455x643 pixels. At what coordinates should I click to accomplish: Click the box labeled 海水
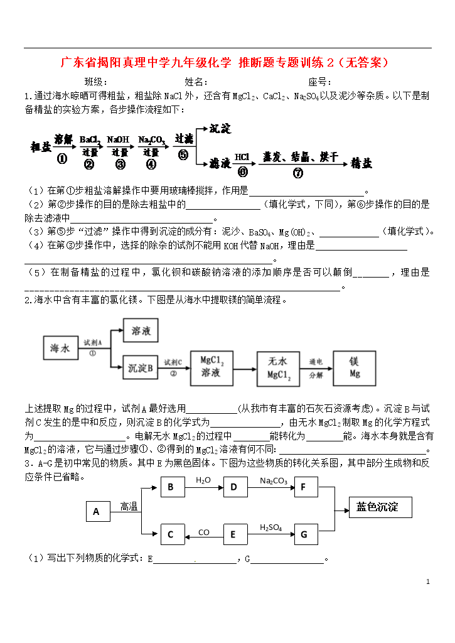(x=60, y=347)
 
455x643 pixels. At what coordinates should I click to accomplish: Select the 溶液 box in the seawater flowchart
(x=140, y=330)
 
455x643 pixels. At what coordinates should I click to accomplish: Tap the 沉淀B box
(x=140, y=368)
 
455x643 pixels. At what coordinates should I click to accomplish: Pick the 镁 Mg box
(x=355, y=368)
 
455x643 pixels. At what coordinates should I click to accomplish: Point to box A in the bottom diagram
(x=97, y=512)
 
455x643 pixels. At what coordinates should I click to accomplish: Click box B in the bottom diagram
(x=171, y=487)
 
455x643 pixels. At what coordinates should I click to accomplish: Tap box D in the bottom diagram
(x=234, y=487)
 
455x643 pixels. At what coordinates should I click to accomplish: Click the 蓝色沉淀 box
(x=380, y=507)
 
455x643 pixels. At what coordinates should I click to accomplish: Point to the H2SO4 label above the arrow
(x=270, y=527)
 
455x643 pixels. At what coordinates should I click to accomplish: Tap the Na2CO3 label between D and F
(x=274, y=481)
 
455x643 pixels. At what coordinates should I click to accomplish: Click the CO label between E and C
(x=203, y=532)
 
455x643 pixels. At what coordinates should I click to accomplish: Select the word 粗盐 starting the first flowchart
(x=41, y=148)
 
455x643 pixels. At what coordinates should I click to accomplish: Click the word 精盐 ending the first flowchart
(x=361, y=163)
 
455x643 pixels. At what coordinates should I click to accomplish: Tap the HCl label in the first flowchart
(x=242, y=156)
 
